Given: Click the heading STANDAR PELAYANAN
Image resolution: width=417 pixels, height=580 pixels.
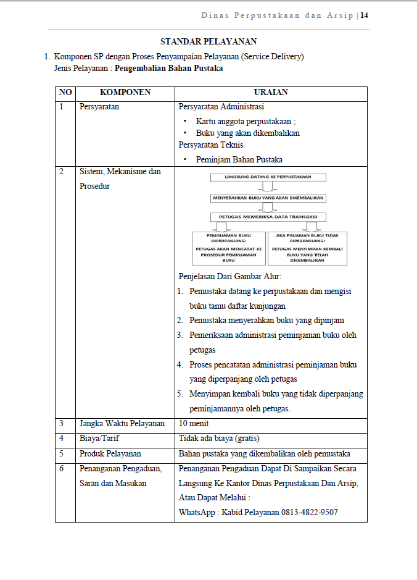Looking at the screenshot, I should pyautogui.click(x=208, y=42).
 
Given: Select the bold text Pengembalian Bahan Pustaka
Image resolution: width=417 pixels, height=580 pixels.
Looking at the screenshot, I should pyautogui.click(x=169, y=69).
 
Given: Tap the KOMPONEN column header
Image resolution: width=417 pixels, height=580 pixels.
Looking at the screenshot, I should pyautogui.click(x=125, y=93).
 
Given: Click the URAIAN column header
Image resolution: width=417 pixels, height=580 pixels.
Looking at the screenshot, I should pyautogui.click(x=271, y=93).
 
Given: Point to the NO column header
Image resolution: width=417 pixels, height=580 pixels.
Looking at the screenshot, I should pyautogui.click(x=65, y=93).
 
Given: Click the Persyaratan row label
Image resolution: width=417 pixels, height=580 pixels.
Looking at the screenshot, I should pyautogui.click(x=99, y=106).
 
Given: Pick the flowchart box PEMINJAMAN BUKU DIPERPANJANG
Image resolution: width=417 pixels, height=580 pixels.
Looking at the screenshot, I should pyautogui.click(x=229, y=248).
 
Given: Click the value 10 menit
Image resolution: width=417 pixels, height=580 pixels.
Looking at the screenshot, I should pyautogui.click(x=194, y=424).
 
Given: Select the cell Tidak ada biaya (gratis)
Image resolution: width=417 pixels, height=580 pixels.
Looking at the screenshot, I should pyautogui.click(x=219, y=439).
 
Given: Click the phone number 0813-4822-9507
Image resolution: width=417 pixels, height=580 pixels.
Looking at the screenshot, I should pyautogui.click(x=309, y=513).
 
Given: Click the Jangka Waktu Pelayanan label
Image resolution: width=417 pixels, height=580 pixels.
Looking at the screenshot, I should pyautogui.click(x=122, y=424).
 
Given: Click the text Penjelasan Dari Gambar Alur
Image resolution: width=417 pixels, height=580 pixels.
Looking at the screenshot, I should pyautogui.click(x=229, y=276).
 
